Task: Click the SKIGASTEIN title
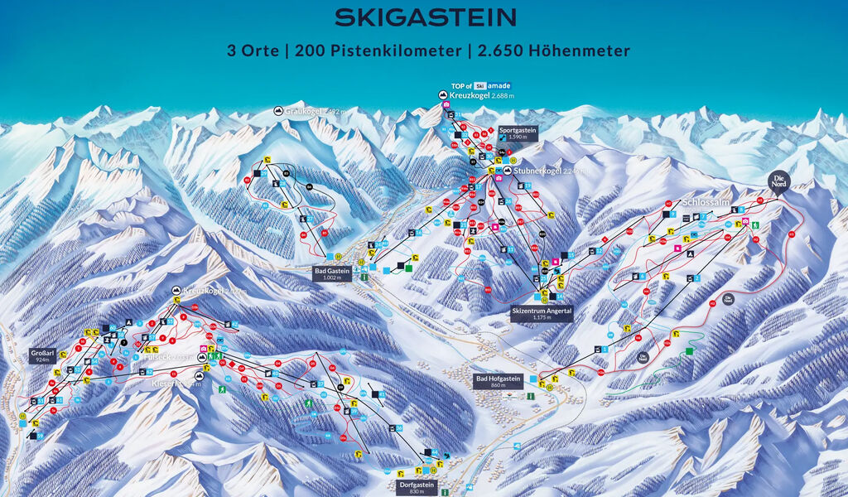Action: point(425,17)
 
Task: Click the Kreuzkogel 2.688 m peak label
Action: point(484,96)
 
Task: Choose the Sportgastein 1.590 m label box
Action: point(518,133)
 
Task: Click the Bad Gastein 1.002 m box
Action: point(333,273)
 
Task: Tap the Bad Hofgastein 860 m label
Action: point(499,382)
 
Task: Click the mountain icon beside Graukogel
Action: point(277,111)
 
